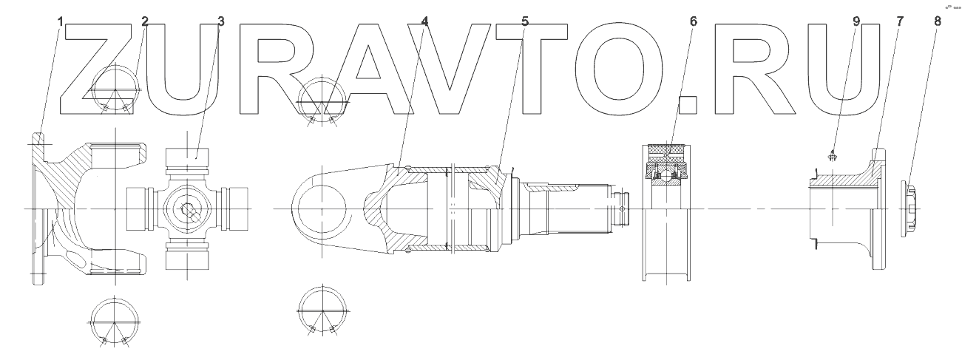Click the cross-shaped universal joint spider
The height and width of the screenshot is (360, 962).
[x=189, y=210]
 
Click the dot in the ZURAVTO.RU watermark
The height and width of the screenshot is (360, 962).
[x=688, y=104]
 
